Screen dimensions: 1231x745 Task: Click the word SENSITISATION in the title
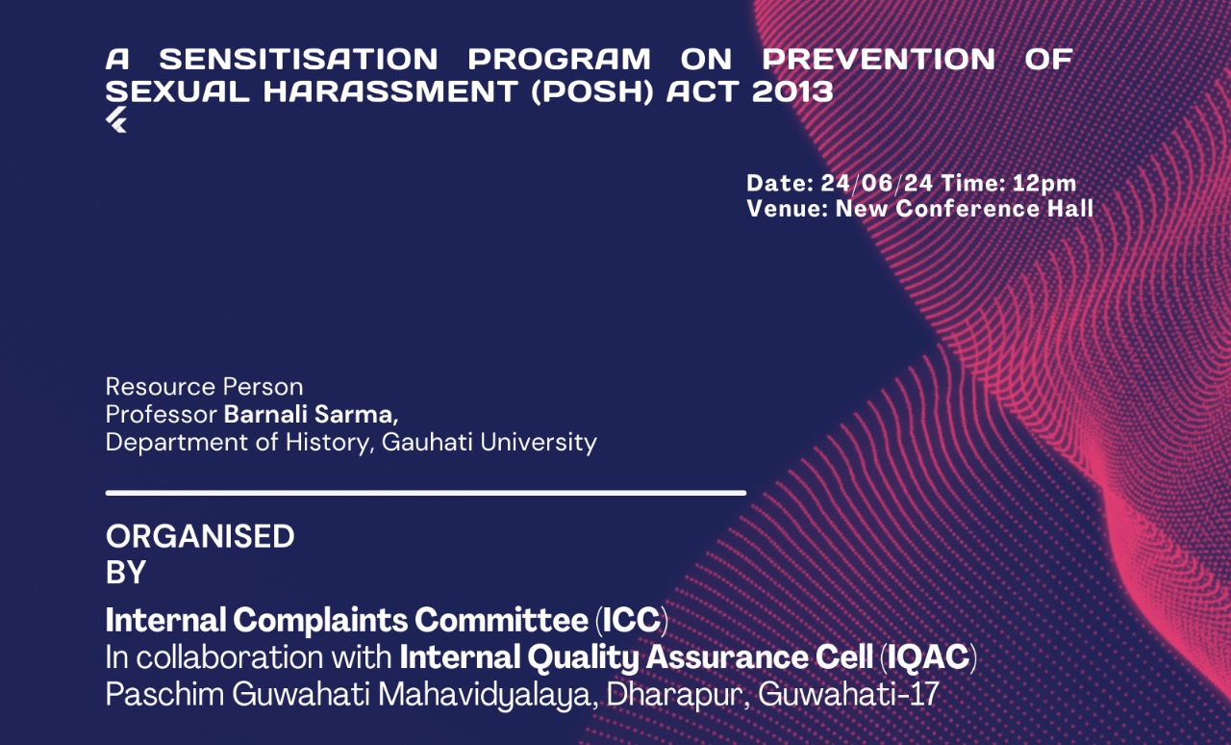[298, 60]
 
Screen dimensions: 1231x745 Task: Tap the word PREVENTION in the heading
[879, 60]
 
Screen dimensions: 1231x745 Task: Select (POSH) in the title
[592, 91]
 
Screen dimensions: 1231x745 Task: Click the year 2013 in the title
[792, 91]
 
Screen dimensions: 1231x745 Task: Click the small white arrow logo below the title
[116, 120]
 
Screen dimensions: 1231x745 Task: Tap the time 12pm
[1044, 183]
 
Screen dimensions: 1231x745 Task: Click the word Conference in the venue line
[967, 209]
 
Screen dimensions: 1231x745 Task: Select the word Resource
[160, 387]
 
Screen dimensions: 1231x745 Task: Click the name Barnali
[264, 414]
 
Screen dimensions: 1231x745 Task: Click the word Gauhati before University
[427, 443]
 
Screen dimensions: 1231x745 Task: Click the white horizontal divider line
[426, 493]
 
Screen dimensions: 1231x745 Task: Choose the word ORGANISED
[200, 536]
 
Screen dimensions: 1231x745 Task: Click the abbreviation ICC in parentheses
[632, 620]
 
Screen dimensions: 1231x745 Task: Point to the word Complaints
[320, 621]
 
